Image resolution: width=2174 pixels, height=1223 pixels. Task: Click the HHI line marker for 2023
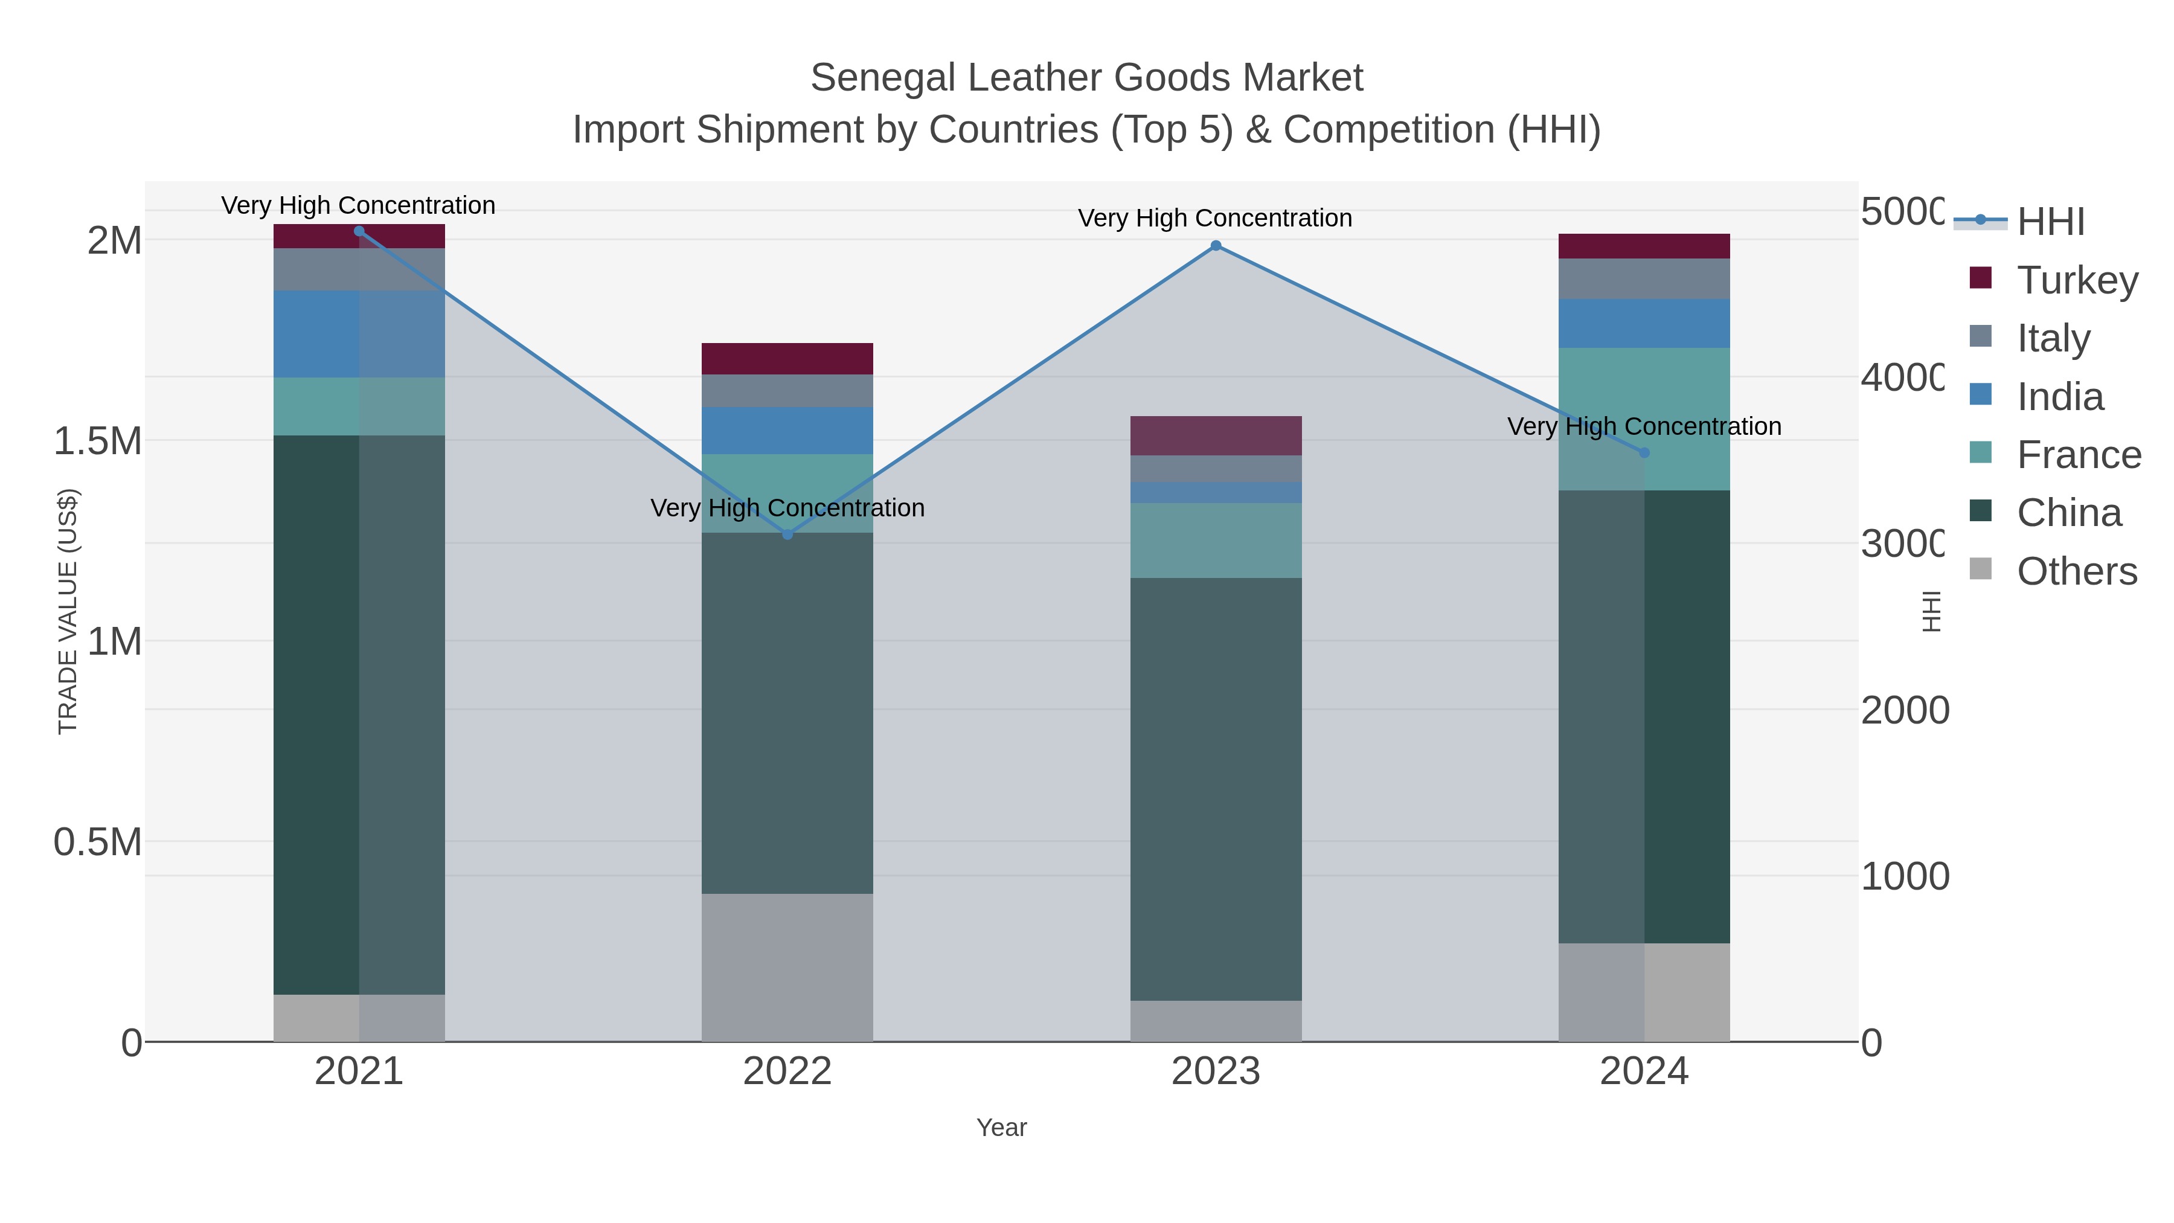click(1215, 246)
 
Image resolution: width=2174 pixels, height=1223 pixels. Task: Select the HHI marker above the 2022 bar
click(787, 534)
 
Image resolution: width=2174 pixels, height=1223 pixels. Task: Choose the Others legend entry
click(2076, 571)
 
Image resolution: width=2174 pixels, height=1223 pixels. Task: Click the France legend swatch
click(1980, 452)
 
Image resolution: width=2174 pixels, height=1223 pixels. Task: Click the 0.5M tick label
click(98, 841)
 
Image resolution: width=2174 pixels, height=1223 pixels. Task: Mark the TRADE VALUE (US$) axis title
click(68, 611)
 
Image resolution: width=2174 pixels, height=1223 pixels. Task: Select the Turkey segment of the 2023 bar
click(1215, 435)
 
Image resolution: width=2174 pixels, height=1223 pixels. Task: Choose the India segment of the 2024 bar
click(1643, 323)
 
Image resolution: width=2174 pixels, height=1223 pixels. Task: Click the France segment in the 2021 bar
click(359, 406)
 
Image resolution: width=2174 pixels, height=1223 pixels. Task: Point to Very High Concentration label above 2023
click(1214, 219)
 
